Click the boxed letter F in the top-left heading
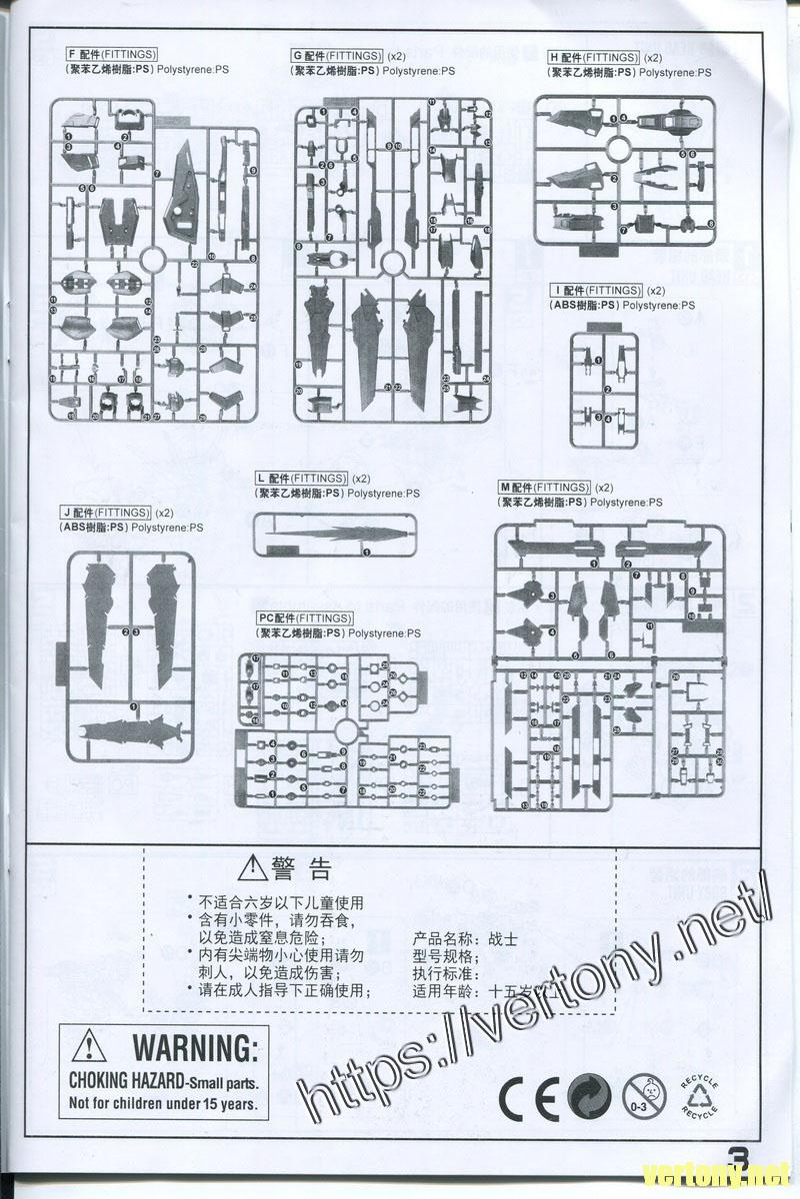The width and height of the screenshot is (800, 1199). pyautogui.click(x=72, y=53)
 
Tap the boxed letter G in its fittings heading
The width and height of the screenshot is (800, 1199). pyautogui.click(x=298, y=56)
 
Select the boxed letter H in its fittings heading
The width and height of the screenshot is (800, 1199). pyautogui.click(x=554, y=58)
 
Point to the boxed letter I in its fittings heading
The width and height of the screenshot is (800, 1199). pyautogui.click(x=555, y=290)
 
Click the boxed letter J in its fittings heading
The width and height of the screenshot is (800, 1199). pyautogui.click(x=65, y=513)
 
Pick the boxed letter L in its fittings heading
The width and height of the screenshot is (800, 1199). pyautogui.click(x=260, y=478)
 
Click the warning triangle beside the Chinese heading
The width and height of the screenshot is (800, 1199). pyautogui.click(x=255, y=867)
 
